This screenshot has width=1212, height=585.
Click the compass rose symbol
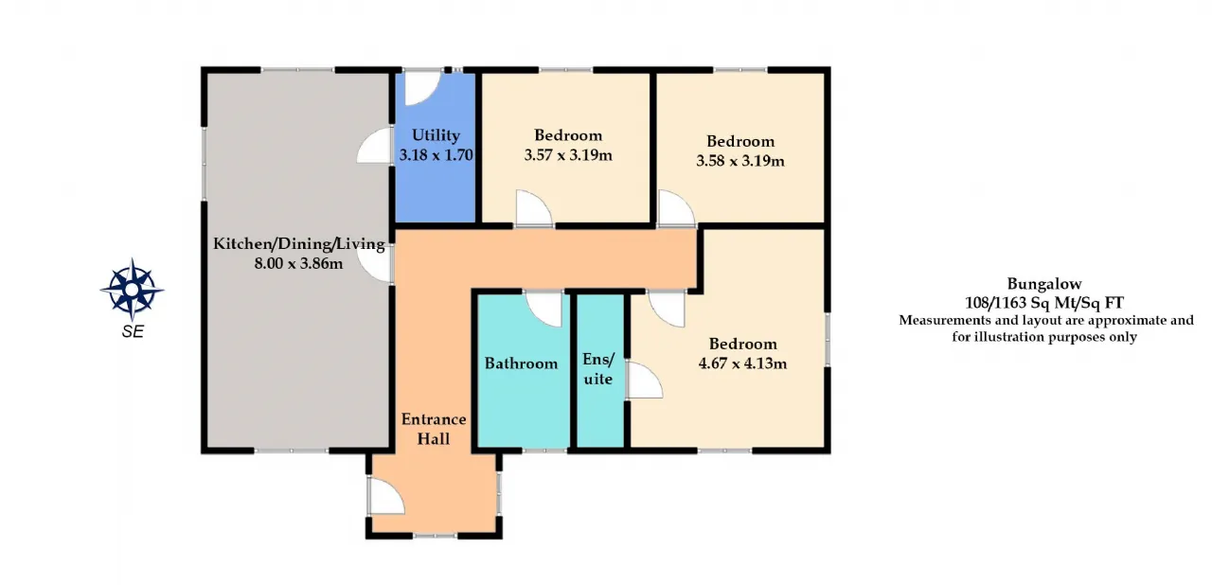coord(132,290)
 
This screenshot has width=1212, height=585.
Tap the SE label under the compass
coord(133,331)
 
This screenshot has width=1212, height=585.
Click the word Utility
coord(436,135)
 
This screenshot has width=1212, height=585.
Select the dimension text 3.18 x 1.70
coord(437,155)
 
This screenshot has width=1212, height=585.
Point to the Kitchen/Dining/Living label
coord(298,244)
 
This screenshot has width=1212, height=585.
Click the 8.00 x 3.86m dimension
coord(298,263)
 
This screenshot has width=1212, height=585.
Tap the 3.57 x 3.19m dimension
coord(568,155)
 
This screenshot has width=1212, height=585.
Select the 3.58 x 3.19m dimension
coord(740,161)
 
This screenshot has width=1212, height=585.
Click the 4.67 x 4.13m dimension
coord(743,363)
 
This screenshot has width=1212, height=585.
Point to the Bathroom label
coord(521,363)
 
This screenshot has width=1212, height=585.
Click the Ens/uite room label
coord(598,369)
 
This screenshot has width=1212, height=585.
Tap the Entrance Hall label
coord(434,429)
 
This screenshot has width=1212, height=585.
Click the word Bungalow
coord(1044,284)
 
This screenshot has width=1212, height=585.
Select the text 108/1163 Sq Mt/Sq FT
coord(1044,303)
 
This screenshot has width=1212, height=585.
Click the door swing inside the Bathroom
coord(544,310)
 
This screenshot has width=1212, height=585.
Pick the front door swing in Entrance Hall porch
coord(386,496)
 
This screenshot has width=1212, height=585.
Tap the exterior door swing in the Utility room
coord(423,88)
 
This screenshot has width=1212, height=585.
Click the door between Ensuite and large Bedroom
coord(645,381)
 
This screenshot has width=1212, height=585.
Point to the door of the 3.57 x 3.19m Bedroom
coord(534,207)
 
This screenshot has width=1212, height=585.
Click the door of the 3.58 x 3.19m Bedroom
coord(676,207)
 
